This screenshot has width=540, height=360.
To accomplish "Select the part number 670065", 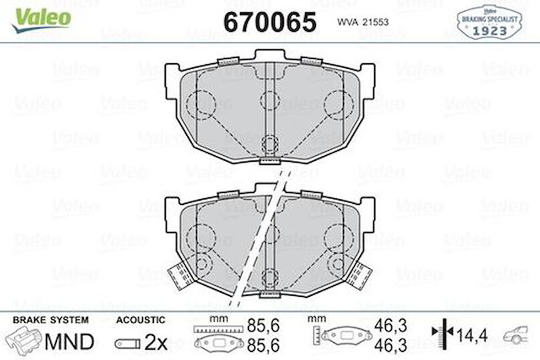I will click(x=270, y=22).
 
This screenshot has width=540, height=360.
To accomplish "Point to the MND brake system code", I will click(x=69, y=341).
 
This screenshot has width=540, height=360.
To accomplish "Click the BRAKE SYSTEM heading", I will click(x=50, y=320).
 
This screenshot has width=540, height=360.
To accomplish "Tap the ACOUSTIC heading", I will click(x=140, y=320).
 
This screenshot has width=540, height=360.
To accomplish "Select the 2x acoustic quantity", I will click(x=156, y=342).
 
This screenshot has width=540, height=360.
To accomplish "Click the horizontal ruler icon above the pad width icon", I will click(x=217, y=328).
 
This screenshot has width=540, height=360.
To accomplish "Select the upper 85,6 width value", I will click(x=263, y=326).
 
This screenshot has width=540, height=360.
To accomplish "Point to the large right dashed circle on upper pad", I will click(x=339, y=104).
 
